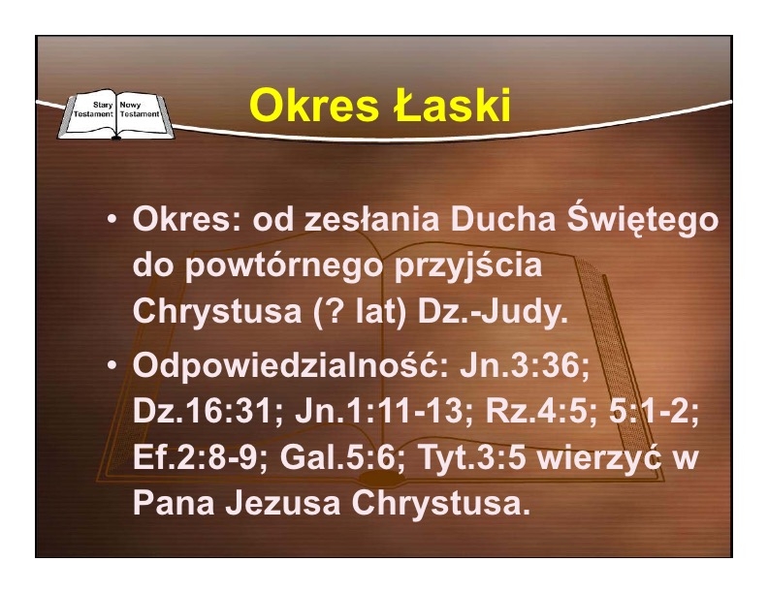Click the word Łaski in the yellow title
coord(452,106)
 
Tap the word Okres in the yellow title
coord(314,106)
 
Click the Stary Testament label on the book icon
coord(93,109)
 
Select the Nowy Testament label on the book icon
coord(140,109)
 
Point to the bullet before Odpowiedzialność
coord(112,365)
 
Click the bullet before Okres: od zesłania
coord(112,220)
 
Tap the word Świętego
coord(643,220)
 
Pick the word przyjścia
coord(468,266)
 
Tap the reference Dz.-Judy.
coord(493,312)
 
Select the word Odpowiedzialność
coord(290,365)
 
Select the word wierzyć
coord(599,457)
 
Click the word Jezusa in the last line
coord(283,503)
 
